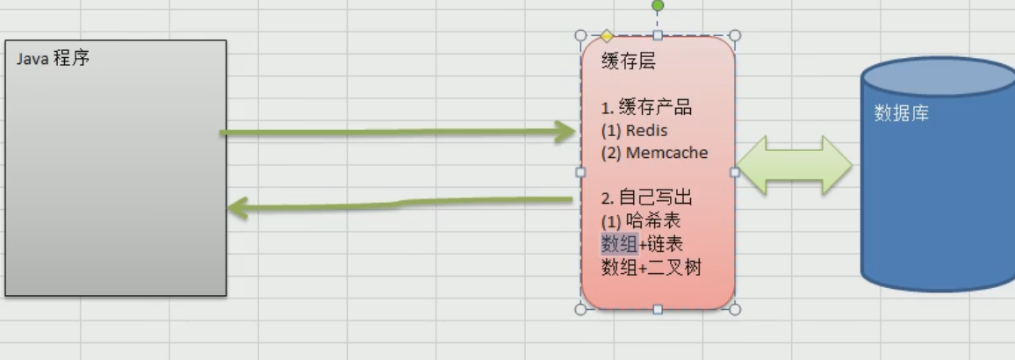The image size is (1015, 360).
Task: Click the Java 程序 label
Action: click(x=53, y=58)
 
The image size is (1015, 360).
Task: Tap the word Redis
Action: click(x=647, y=130)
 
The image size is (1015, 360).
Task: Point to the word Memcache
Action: click(x=666, y=153)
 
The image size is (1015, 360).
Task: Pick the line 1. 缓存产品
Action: click(x=647, y=107)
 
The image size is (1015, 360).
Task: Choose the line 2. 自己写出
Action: click(x=647, y=198)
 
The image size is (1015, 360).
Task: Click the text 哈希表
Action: click(x=654, y=220)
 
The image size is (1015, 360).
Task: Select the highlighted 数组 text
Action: click(x=620, y=243)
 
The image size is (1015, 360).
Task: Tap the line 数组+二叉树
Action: click(x=651, y=267)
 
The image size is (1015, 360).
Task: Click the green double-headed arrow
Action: click(x=795, y=165)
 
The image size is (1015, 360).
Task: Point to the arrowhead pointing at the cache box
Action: click(x=562, y=132)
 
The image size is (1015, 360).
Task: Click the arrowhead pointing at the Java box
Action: click(x=239, y=208)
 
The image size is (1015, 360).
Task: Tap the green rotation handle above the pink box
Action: click(x=658, y=6)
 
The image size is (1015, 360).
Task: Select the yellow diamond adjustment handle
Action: click(x=607, y=36)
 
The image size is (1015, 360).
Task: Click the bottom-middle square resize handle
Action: click(x=658, y=309)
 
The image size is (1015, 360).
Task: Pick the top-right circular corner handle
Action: click(x=735, y=36)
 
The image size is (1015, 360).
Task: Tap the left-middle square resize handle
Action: click(x=580, y=172)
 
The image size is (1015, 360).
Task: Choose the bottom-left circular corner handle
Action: click(x=580, y=309)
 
